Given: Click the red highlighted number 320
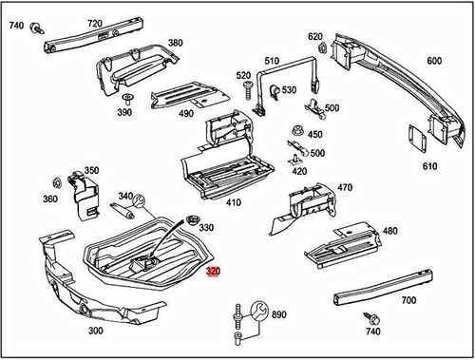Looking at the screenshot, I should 217,272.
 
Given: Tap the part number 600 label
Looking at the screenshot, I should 434,60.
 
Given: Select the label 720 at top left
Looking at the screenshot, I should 94,22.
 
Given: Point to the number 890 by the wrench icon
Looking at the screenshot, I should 278,314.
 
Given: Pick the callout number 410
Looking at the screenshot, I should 234,201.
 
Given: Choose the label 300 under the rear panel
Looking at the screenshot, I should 96,332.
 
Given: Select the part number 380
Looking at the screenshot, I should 176,44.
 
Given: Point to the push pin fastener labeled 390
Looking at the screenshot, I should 126,99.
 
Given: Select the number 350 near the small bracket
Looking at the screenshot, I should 91,170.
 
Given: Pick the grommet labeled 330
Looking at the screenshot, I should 193,222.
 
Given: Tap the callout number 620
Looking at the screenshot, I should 315,37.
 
